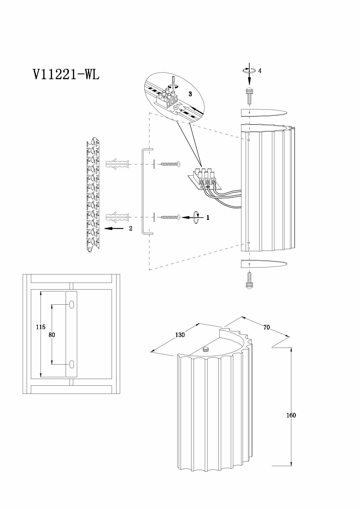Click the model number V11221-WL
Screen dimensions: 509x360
[x=66, y=74]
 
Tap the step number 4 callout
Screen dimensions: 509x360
[x=260, y=71]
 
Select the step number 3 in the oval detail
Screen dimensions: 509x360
[x=190, y=94]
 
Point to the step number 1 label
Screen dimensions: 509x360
[x=208, y=217]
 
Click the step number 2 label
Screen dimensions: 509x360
[x=131, y=229]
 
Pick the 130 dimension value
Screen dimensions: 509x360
[x=180, y=335]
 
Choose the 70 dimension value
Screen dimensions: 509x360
[x=267, y=327]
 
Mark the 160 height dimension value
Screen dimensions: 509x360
[x=291, y=415]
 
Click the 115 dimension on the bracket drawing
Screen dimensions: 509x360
[x=40, y=327]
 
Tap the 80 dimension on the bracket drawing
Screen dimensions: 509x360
[x=52, y=335]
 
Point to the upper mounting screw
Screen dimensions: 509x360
[x=170, y=164]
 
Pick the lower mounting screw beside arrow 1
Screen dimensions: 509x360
[x=170, y=217]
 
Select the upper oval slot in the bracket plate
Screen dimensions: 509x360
[x=72, y=305]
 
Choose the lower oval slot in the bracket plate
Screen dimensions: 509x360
[x=72, y=364]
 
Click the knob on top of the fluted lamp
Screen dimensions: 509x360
[x=206, y=350]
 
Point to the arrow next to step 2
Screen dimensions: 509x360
[x=114, y=229]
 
